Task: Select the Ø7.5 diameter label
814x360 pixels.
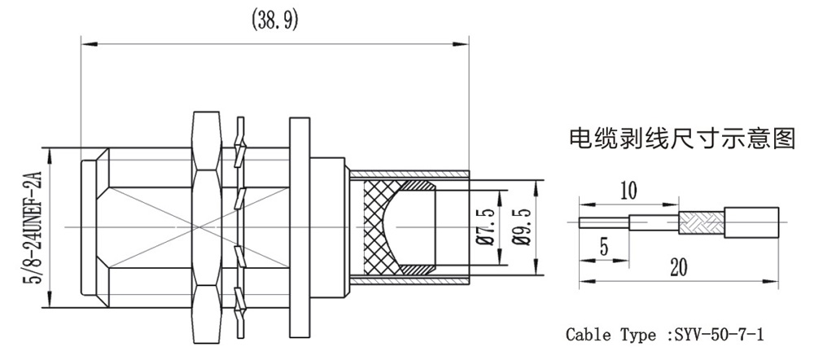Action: point(488,227)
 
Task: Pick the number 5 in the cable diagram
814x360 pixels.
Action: point(603,245)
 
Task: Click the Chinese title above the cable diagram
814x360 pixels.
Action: point(681,138)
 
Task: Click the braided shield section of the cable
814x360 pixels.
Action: point(700,221)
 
